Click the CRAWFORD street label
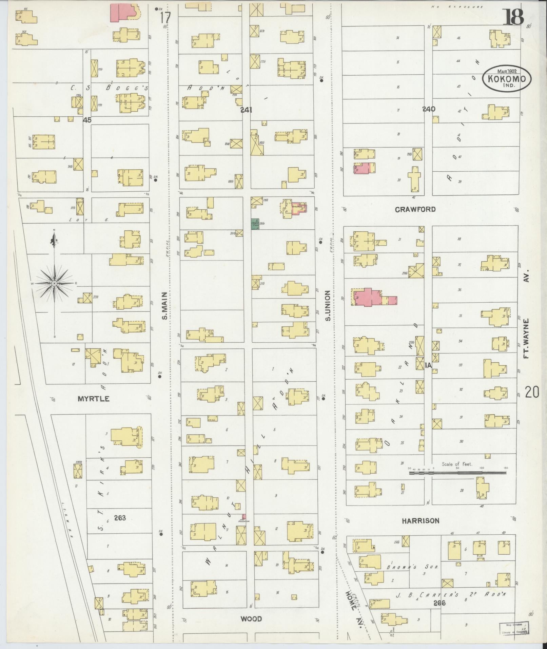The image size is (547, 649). tap(415, 209)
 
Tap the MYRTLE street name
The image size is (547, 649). tap(94, 399)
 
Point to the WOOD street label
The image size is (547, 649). tap(251, 619)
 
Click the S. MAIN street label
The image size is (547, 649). tap(165, 306)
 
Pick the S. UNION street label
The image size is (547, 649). tap(328, 305)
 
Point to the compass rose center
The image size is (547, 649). tap(54, 283)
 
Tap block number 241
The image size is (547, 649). tap(247, 110)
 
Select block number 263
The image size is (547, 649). tap(120, 517)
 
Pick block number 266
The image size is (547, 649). tap(439, 603)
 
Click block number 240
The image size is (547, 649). tap(429, 109)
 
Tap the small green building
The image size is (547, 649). tap(255, 224)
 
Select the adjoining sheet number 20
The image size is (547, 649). tap(532, 392)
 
